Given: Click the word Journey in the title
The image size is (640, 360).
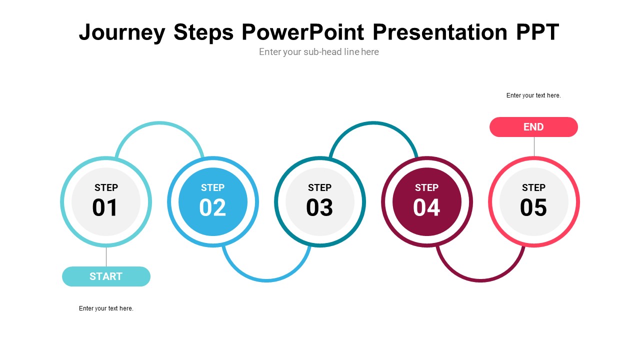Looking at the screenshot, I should tap(122, 33).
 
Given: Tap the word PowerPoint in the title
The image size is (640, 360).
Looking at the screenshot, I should tap(303, 32).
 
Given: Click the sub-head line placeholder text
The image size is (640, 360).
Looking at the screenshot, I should tap(319, 52).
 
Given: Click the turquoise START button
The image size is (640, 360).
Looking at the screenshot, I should tap(106, 276).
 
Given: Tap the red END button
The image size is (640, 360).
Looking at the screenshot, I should tap(533, 127).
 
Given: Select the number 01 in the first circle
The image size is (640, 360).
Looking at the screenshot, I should tap(105, 208).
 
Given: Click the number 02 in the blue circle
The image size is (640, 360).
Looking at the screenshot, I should tap(212, 208).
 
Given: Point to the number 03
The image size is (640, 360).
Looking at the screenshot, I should tap(319, 208).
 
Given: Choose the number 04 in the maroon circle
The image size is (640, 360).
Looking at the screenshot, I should tap(426, 208).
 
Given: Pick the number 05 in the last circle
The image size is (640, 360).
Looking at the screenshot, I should tap(533, 208).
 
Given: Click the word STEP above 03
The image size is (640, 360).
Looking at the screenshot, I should tap(319, 188).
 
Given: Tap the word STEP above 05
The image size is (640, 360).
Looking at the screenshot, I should tap(533, 188).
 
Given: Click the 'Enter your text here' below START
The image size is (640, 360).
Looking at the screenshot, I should tap(106, 308).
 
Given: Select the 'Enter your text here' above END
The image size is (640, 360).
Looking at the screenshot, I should tap(533, 95).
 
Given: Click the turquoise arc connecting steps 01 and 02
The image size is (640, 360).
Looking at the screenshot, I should tap(159, 123).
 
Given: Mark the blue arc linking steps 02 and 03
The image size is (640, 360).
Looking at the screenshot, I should tap(266, 280).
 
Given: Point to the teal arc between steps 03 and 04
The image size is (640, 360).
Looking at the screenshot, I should tap(373, 123).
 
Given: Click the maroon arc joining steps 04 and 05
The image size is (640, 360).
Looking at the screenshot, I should tap(480, 280).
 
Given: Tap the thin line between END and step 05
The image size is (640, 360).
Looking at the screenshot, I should tap(534, 146).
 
